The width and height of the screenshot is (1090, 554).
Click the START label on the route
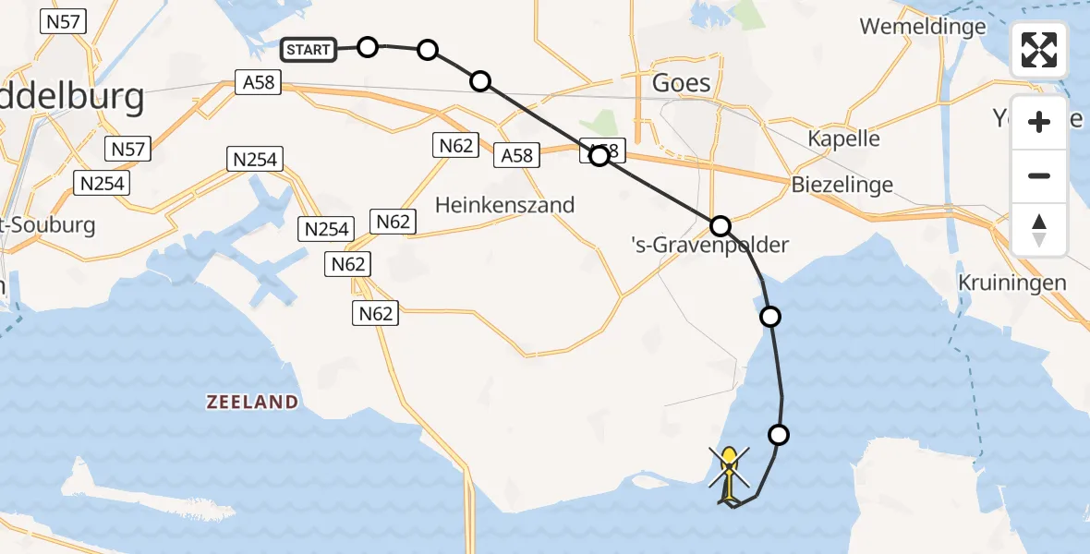tap(309, 49)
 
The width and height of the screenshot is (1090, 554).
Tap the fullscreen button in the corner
tap(1039, 50)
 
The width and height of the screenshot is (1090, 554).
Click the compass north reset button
tap(1039, 230)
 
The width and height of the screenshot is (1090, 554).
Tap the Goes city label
tap(682, 83)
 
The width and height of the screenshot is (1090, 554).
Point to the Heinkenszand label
tap(505, 204)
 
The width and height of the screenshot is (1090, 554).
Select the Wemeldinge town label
tap(923, 27)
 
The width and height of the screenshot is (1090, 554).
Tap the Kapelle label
tap(843, 138)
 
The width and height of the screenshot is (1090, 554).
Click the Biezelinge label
tap(842, 185)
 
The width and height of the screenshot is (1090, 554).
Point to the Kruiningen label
tap(1012, 283)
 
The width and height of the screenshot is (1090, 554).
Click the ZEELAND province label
tap(252, 402)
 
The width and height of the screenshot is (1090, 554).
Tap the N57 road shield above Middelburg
tap(63, 21)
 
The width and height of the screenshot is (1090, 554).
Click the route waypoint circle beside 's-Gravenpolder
tap(721, 225)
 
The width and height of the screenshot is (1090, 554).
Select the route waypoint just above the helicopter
tap(780, 434)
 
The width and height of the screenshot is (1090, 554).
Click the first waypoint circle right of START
tap(368, 47)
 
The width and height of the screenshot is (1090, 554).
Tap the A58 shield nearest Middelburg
tap(258, 83)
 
